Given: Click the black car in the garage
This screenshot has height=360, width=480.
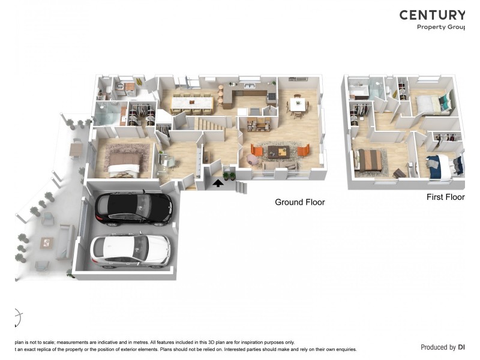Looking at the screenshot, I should [x=133, y=208].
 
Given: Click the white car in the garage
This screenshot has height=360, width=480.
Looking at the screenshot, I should [x=130, y=250].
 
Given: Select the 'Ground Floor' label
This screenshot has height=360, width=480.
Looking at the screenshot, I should [x=299, y=202].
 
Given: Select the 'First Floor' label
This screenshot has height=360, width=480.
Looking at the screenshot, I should [x=445, y=197].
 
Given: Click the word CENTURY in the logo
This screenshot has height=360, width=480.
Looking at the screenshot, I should [x=432, y=15].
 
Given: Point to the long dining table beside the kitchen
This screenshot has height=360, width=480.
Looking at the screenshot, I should [x=192, y=103].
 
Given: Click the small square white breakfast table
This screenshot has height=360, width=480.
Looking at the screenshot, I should [x=298, y=104].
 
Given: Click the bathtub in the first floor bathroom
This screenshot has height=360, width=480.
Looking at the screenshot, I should [x=360, y=91].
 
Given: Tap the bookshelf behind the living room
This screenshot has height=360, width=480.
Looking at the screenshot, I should [x=259, y=124].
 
